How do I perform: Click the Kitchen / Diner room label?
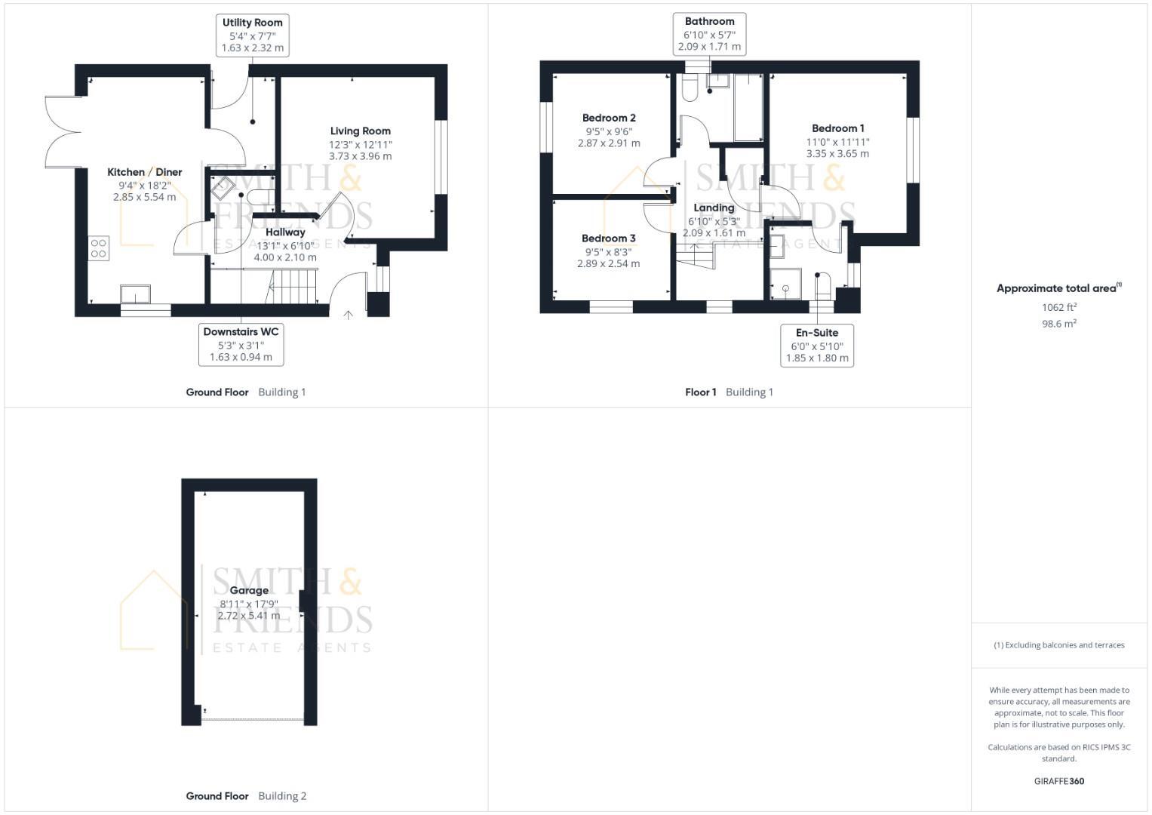coord(144,172)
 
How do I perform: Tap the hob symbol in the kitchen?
coord(99,248)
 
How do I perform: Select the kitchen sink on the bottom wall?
coord(136,294)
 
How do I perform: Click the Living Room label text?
coord(360,131)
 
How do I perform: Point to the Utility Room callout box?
coord(252,35)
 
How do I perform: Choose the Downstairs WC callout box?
coord(241,344)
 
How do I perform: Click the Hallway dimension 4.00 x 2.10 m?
coord(285,257)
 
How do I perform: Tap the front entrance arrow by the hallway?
coord(348,315)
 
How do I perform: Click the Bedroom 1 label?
coord(837,128)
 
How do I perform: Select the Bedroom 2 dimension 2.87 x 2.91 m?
coord(609,143)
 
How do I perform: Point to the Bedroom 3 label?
coord(608,238)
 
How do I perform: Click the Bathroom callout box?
coord(709,34)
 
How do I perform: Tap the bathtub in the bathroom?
coord(748,108)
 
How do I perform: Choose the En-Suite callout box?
coord(816,345)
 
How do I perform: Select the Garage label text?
coord(249,590)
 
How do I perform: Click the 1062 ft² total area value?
coord(1058,307)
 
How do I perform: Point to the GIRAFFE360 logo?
coord(1058,781)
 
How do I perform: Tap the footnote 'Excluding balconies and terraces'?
coord(1059,645)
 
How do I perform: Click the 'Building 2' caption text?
coord(282,795)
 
